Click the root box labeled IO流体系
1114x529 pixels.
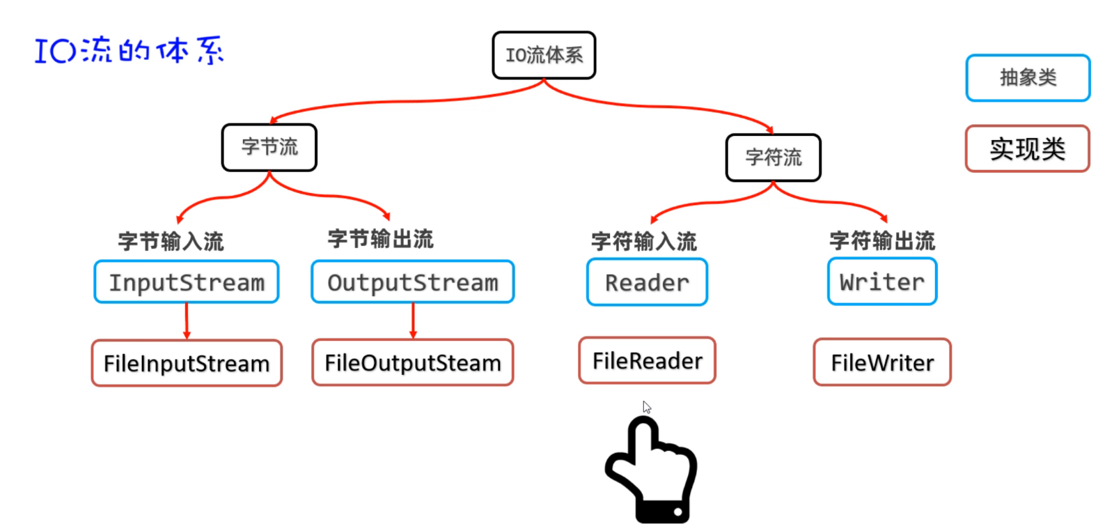click(544, 55)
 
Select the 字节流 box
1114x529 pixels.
click(269, 147)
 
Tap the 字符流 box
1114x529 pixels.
click(773, 158)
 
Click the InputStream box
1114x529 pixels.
click(187, 282)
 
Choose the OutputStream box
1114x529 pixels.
click(413, 282)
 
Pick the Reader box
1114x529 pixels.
click(647, 282)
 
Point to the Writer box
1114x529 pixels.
click(882, 282)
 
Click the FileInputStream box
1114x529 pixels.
click(187, 363)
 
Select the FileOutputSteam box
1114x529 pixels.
click(413, 362)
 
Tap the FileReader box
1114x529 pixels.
click(647, 361)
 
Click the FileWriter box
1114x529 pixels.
click(882, 362)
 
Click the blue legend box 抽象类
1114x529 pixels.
click(1028, 77)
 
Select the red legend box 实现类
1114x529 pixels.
click(1028, 148)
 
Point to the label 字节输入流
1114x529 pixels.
click(171, 241)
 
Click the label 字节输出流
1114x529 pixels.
click(380, 239)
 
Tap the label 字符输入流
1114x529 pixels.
click(644, 241)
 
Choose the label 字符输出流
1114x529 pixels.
click(882, 240)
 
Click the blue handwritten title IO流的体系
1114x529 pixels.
click(130, 51)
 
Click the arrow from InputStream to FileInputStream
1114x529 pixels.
click(187, 321)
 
